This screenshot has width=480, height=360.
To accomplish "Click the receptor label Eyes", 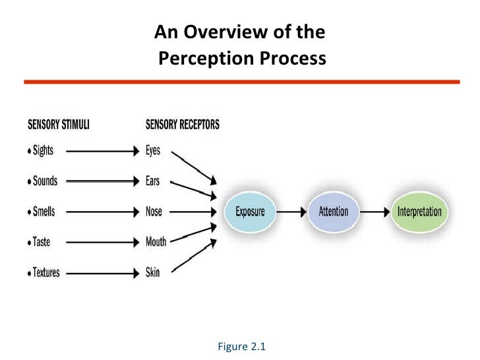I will pos(153,150).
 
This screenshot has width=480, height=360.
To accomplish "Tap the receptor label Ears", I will pos(153,181).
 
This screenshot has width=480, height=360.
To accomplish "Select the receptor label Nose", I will pos(154,212).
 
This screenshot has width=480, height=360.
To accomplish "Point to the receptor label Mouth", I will pos(156,242).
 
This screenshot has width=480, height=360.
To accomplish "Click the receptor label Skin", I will pos(152,272).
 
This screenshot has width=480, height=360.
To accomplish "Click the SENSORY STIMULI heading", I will pos(58,124).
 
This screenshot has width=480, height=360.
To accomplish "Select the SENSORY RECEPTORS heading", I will pos(183,124).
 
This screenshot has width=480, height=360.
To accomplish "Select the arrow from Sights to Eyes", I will pos(102,150).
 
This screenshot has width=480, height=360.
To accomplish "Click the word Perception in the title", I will pos(201,60).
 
